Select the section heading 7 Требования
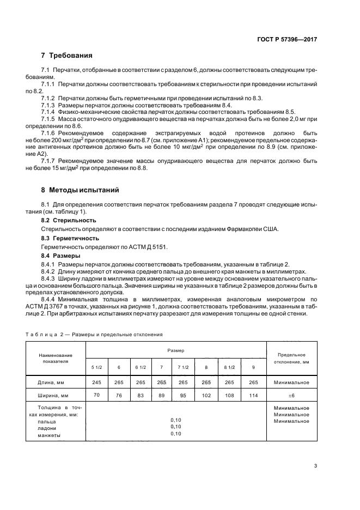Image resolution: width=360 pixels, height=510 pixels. click(67, 56)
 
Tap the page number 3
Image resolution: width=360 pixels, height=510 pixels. click(315, 465)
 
